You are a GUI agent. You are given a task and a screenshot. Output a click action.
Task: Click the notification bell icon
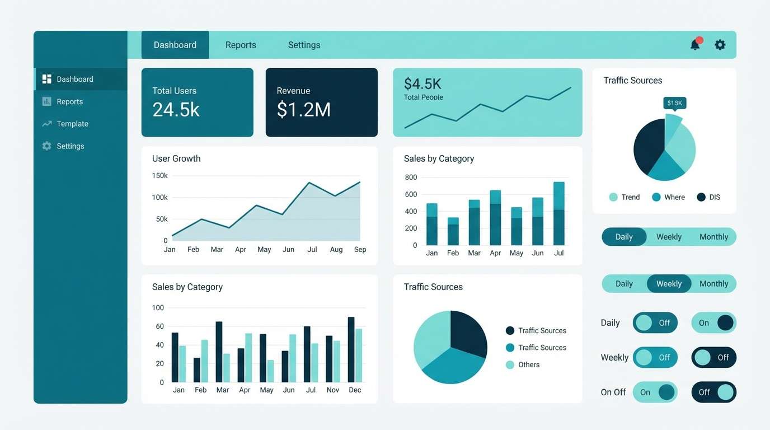pos(695,45)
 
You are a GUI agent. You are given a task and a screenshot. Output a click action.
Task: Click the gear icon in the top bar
pos(720,45)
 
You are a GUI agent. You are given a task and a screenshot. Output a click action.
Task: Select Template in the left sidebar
pos(72,124)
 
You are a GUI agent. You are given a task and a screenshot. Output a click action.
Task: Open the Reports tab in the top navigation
pos(241,45)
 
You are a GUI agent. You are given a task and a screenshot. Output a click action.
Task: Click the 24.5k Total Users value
pos(176,109)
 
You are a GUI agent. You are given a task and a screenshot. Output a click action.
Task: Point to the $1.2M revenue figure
pos(303,109)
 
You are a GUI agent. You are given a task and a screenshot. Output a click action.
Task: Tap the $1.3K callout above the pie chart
pos(674,103)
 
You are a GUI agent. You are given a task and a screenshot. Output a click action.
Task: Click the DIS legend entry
pos(708,197)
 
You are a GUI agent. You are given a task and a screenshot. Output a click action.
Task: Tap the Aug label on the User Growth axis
pos(336,250)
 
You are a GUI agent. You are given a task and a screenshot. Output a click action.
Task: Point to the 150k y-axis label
pos(159,176)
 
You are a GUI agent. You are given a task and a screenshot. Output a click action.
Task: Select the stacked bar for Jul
pos(558,213)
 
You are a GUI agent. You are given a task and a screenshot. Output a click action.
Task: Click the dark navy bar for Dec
pos(351,349)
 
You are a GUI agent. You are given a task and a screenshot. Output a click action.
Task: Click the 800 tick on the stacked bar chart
pos(411,177)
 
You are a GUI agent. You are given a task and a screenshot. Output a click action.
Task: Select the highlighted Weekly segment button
pos(669,284)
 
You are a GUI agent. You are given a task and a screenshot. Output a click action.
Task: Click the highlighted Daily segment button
pos(624,237)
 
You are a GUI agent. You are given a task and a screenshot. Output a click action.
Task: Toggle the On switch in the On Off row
pos(655,392)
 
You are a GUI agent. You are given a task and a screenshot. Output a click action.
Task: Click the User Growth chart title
pos(176,158)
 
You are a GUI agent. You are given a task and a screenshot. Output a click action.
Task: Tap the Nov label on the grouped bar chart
pos(333,390)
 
